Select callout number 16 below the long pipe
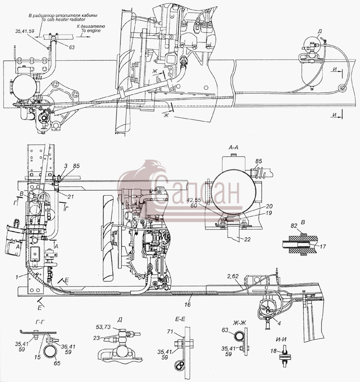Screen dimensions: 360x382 point(187,304)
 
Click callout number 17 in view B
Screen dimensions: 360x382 point(323,246)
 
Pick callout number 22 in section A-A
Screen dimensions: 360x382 point(247,239)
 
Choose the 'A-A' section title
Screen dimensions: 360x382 point(233,147)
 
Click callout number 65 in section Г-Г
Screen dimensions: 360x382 point(57,363)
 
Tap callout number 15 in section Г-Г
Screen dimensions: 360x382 point(37,357)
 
